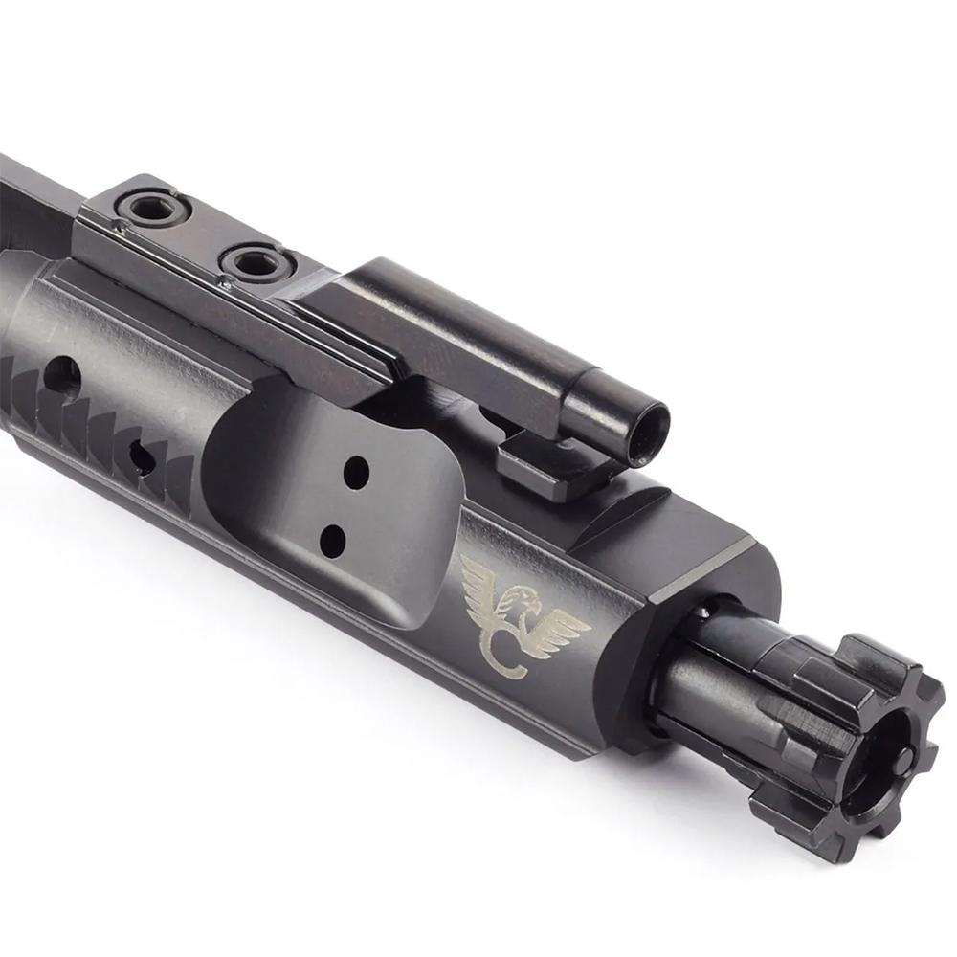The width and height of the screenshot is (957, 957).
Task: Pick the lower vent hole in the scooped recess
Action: tap(332, 543)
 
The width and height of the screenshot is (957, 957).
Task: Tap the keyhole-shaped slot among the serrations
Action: tap(142, 457)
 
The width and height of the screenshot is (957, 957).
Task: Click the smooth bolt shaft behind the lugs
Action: tap(708, 670)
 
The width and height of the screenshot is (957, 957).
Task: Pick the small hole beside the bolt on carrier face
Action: tap(706, 611)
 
